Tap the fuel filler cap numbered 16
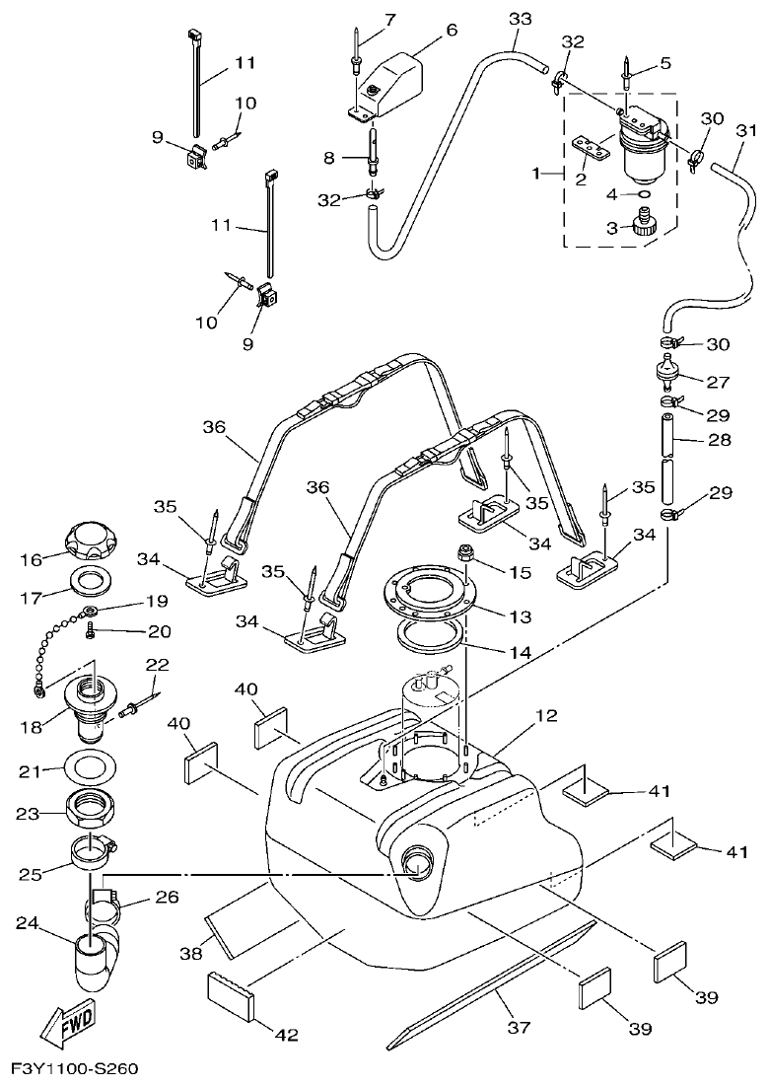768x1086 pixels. [x=91, y=542]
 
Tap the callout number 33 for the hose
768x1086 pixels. [x=520, y=19]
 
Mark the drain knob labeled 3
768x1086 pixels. [x=643, y=226]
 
